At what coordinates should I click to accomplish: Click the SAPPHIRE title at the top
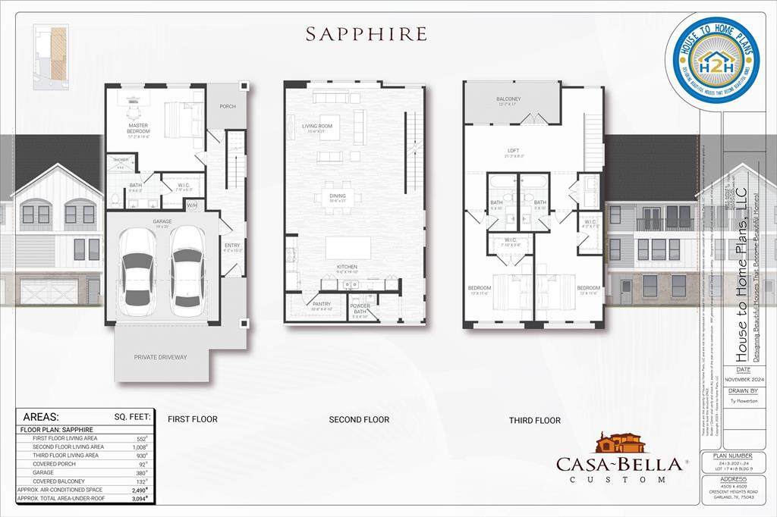click(x=366, y=34)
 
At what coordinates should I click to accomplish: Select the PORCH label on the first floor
click(x=228, y=106)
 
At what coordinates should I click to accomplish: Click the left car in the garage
click(x=138, y=268)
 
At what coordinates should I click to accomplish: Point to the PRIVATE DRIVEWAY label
click(x=160, y=357)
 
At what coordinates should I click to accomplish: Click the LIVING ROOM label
click(x=318, y=127)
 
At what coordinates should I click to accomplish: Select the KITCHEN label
click(x=347, y=267)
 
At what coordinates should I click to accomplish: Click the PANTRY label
click(x=322, y=304)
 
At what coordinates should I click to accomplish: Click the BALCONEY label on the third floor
click(x=508, y=99)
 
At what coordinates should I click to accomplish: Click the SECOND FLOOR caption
click(x=359, y=419)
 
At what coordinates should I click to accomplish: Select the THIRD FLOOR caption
click(x=535, y=420)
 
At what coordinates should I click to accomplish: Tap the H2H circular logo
click(x=713, y=60)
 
